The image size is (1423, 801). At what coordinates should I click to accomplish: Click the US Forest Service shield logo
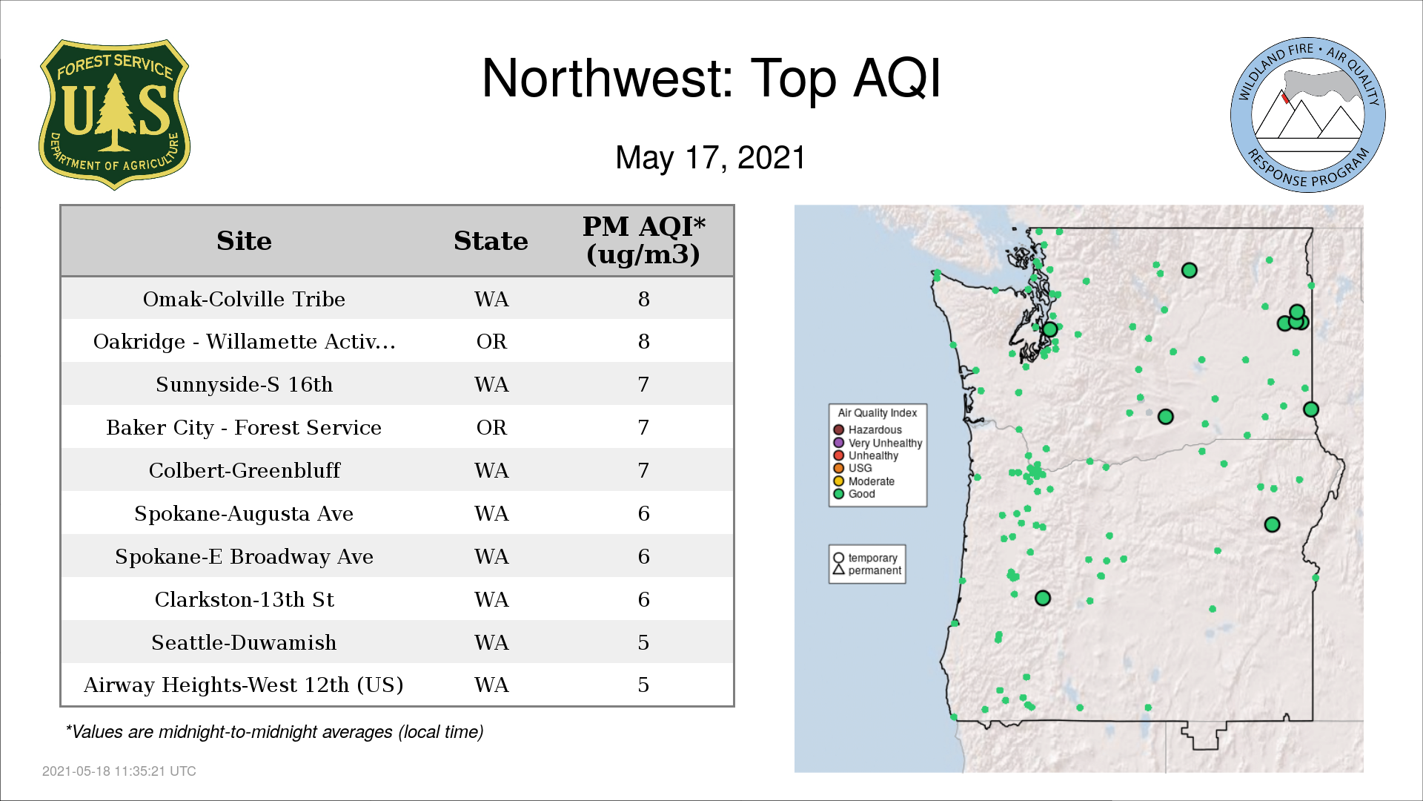114,114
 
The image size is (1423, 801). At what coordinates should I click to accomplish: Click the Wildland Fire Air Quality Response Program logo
1308,115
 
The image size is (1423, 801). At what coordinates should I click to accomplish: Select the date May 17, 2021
710,157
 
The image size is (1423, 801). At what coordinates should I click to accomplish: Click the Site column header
244,241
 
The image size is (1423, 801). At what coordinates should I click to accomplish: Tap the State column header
491,241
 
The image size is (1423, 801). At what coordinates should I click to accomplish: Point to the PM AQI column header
643,240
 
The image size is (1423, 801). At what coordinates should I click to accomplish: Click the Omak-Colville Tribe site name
244,299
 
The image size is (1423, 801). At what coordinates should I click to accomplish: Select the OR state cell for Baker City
491,427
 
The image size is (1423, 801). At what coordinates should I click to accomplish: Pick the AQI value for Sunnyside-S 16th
643,384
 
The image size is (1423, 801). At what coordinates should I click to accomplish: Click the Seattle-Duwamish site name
244,642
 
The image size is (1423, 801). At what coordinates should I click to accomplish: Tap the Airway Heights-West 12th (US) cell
244,685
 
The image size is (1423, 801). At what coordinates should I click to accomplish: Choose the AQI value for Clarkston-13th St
643,599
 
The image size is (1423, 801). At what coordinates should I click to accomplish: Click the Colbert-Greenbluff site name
244,470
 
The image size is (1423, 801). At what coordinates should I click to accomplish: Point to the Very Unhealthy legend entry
878,443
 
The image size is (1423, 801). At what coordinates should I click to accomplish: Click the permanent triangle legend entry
867,570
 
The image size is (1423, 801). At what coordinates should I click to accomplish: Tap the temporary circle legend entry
865,558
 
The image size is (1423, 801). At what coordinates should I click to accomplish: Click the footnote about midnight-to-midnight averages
274,732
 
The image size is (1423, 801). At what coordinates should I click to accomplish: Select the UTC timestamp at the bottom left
119,771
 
